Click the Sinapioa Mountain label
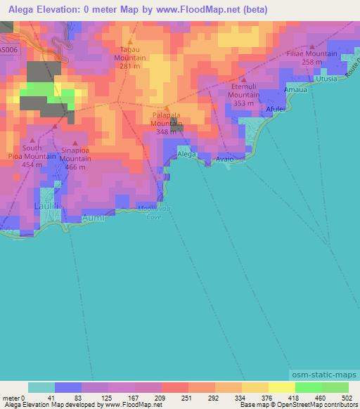pos(76,155)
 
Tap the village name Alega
pos(186,153)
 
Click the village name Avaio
pos(224,158)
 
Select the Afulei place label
pos(276,110)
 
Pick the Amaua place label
pos(294,91)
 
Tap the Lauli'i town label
pos(46,206)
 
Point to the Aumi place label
pos(75,219)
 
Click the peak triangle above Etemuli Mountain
pos(243,79)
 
